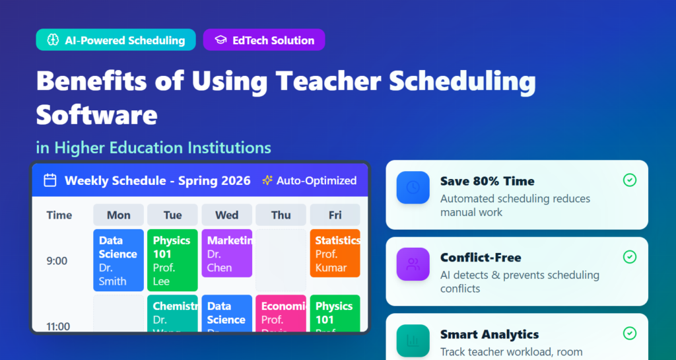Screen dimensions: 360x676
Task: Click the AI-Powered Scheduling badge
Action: (116, 40)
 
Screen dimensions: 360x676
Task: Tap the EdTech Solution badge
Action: (264, 40)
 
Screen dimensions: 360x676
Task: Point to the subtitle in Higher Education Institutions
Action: (153, 147)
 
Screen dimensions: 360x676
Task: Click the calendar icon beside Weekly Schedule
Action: (50, 180)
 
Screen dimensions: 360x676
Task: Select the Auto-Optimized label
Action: (310, 180)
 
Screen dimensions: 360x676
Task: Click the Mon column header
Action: (118, 215)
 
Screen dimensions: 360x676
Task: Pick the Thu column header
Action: (281, 215)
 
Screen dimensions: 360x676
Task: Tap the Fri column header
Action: (335, 215)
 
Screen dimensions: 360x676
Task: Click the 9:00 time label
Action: (57, 261)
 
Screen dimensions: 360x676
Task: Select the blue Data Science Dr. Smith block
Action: (118, 260)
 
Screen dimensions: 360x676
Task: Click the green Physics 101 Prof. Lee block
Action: (172, 260)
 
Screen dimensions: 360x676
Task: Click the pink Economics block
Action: (281, 313)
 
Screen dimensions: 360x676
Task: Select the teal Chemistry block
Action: (172, 313)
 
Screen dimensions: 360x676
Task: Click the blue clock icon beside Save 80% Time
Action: (413, 188)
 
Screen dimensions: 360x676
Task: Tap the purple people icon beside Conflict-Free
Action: (413, 264)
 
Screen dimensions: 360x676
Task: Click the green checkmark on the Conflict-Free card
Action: (630, 257)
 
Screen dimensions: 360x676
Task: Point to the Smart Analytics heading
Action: (489, 334)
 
